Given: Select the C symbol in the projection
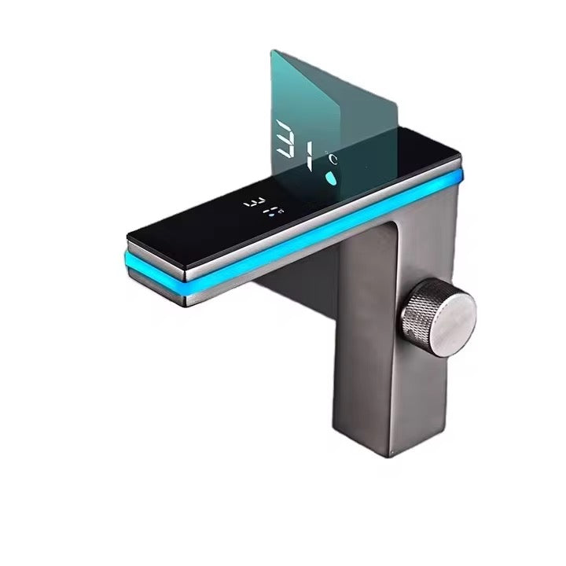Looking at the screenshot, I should [333, 159].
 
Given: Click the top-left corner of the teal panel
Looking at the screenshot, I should [272, 50].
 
